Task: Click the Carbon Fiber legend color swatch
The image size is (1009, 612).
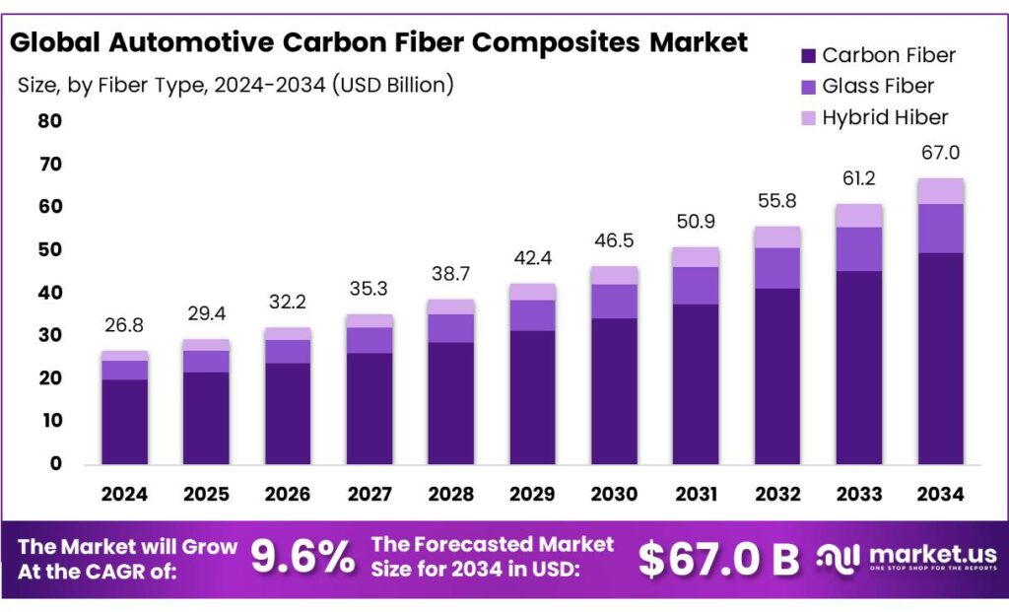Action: pyautogui.click(x=807, y=55)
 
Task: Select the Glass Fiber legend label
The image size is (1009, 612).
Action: pyautogui.click(x=878, y=86)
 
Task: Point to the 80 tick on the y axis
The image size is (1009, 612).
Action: pyautogui.click(x=49, y=121)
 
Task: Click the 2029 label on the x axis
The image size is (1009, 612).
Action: pyautogui.click(x=532, y=493)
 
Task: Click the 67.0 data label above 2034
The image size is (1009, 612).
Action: pyautogui.click(x=940, y=153)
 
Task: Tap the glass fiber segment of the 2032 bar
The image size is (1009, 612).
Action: pyautogui.click(x=777, y=268)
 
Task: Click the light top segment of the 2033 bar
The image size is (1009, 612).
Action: pyautogui.click(x=859, y=216)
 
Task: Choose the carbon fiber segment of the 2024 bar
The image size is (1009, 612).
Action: pyautogui.click(x=124, y=421)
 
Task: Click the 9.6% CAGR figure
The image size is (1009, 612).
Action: pyautogui.click(x=303, y=558)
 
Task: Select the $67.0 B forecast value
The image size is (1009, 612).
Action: pyautogui.click(x=718, y=559)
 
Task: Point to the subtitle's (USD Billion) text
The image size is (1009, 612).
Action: pyautogui.click(x=393, y=85)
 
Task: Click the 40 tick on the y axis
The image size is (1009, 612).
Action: pyautogui.click(x=49, y=293)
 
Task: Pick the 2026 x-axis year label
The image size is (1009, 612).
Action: pyautogui.click(x=288, y=493)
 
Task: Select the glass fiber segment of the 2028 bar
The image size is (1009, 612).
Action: pyautogui.click(x=450, y=328)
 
